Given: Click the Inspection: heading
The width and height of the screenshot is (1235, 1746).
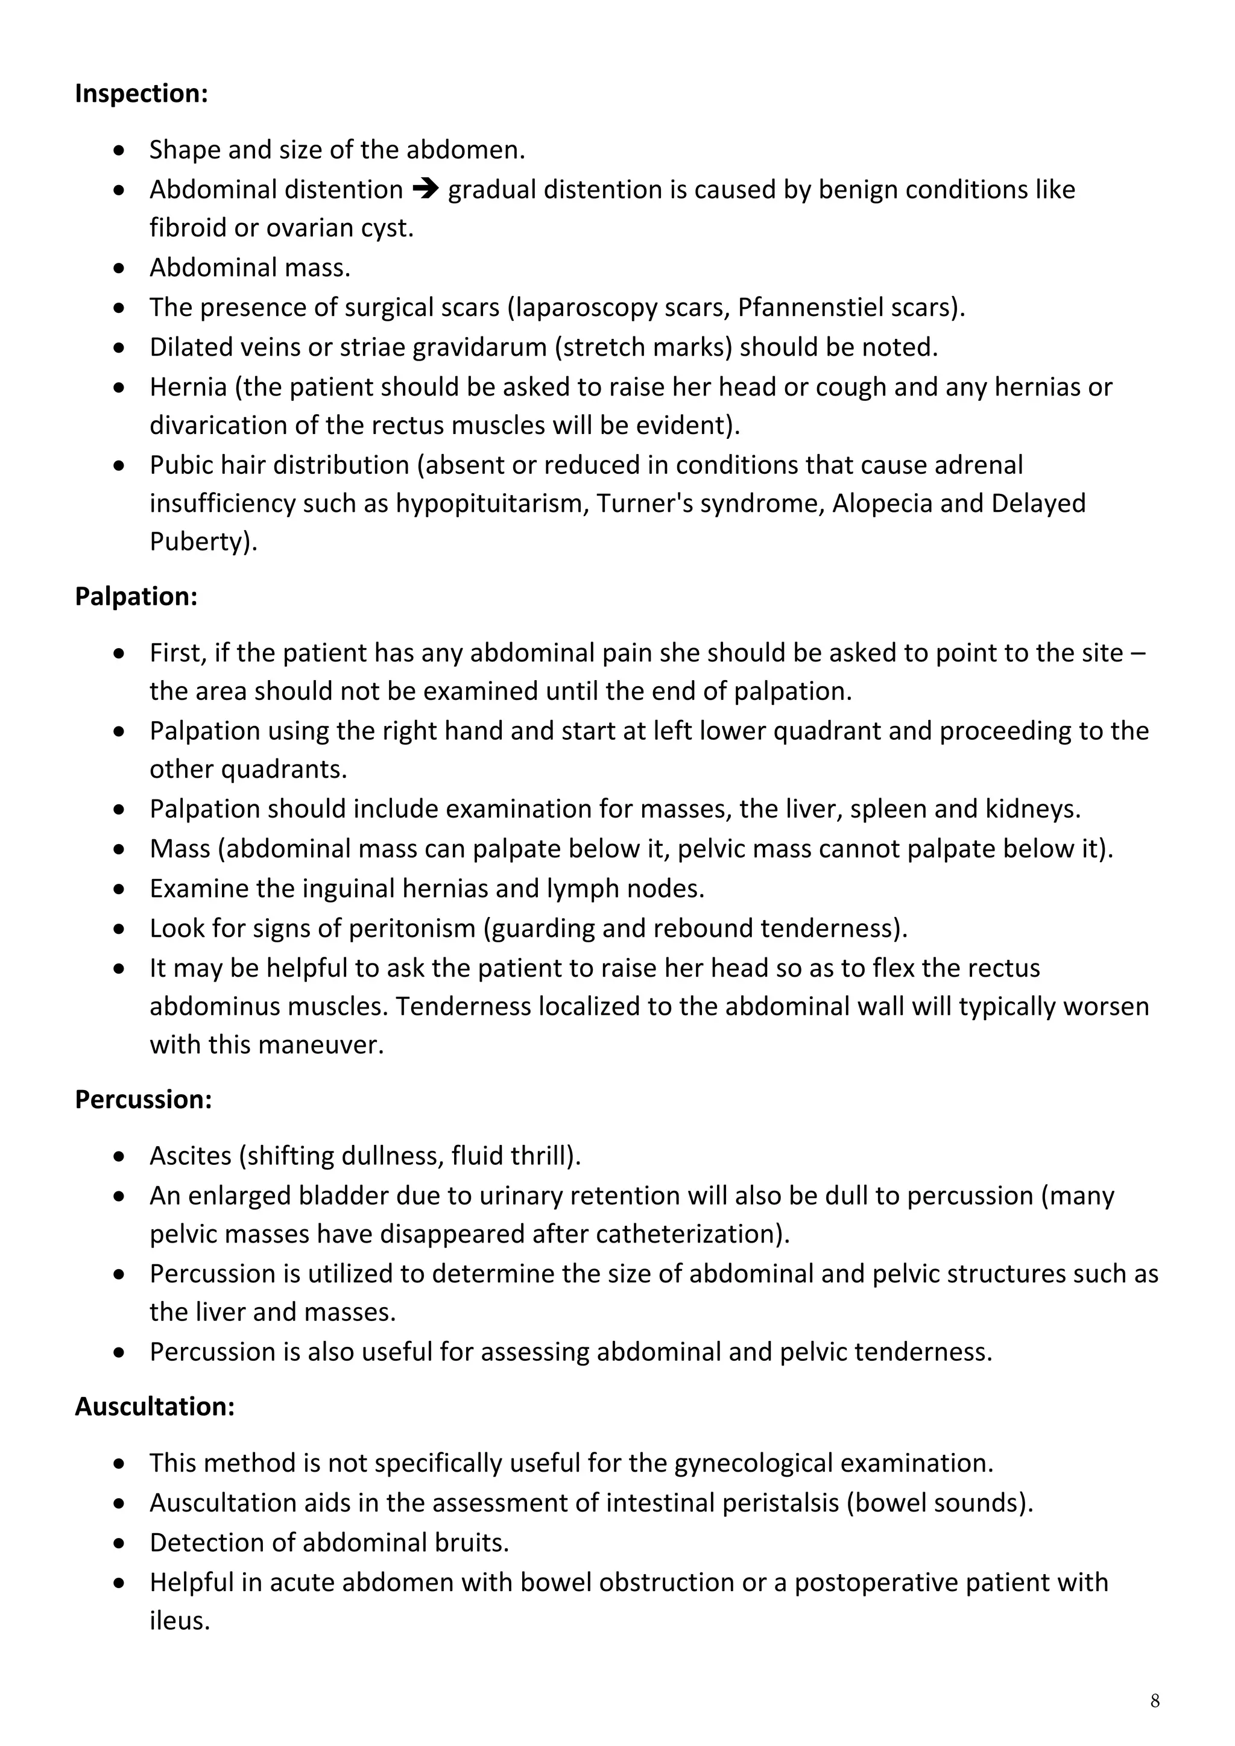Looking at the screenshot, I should (142, 93).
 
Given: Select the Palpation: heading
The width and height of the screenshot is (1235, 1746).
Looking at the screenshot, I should (136, 596).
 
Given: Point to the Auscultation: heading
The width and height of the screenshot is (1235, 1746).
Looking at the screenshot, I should (154, 1406).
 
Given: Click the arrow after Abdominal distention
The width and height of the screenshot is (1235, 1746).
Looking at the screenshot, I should (426, 189).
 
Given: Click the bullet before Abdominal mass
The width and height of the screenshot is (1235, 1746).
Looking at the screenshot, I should (119, 268).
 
